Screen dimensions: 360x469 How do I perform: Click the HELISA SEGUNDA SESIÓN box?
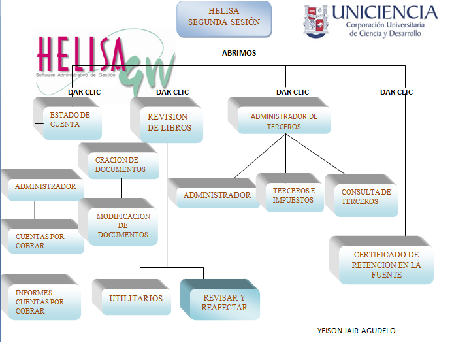pyautogui.click(x=224, y=18)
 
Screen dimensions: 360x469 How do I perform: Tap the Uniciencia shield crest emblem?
pyautogui.click(x=315, y=21)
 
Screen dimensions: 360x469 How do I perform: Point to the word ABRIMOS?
pyautogui.click(x=239, y=53)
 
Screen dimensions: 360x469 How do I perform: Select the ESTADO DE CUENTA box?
pyautogui.click(x=70, y=121)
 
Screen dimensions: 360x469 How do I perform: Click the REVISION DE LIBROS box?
pyautogui.click(x=170, y=123)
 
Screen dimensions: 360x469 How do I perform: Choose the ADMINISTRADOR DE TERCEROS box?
pyautogui.click(x=284, y=122)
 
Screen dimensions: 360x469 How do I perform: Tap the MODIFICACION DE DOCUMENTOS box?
pyautogui.click(x=123, y=225)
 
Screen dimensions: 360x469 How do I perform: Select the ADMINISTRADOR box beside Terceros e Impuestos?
pyautogui.click(x=217, y=195)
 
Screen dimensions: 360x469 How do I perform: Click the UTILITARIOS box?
pyautogui.click(x=136, y=299)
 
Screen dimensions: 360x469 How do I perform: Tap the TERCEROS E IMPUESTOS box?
pyautogui.click(x=293, y=195)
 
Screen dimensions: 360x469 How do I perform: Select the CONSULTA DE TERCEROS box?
pyautogui.click(x=366, y=197)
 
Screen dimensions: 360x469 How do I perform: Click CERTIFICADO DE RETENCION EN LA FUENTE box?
pyautogui.click(x=386, y=264)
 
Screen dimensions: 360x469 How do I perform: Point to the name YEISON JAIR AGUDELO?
pyautogui.click(x=356, y=331)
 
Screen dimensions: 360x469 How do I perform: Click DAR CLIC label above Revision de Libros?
pyautogui.click(x=172, y=92)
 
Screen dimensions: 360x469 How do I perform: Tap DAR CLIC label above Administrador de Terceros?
pyautogui.click(x=293, y=92)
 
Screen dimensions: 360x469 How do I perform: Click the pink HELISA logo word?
pyautogui.click(x=82, y=54)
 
